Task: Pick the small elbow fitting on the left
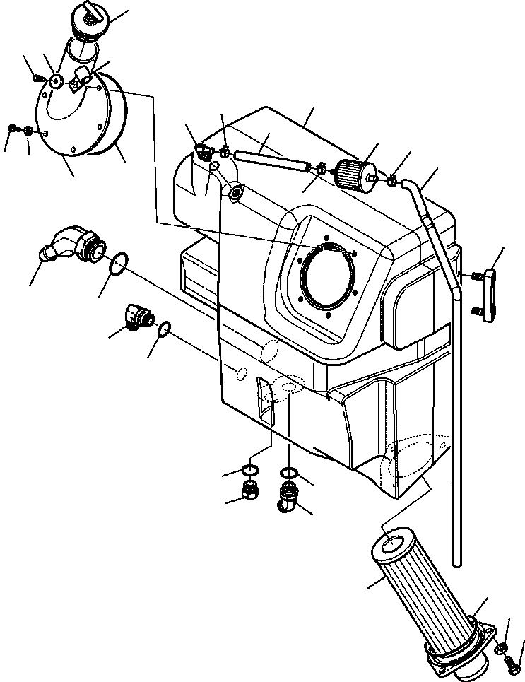138,317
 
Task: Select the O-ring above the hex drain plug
249,471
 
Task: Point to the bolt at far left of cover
13,128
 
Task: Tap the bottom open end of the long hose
459,562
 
